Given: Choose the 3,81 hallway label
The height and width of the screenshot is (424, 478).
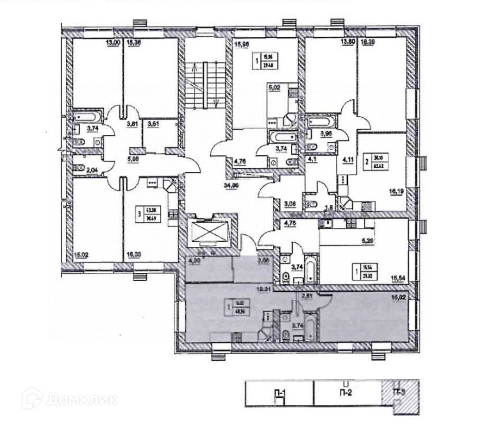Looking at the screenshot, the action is click(133, 123).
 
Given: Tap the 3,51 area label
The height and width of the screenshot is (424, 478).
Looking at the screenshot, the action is click(153, 123).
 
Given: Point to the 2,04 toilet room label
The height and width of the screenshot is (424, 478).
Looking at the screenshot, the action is click(92, 170).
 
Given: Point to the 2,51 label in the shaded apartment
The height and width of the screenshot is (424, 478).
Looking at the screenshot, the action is click(308, 297).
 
